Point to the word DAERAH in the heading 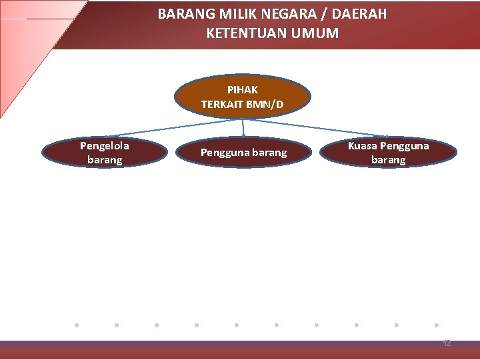[359, 14]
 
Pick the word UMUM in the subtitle [315, 33]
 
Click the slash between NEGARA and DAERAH [324, 14]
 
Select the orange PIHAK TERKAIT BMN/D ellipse [243, 97]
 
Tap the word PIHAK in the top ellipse [243, 90]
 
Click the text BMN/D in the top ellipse [265, 105]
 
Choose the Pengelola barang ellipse [105, 152]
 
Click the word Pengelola [105, 146]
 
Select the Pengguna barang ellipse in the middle [244, 152]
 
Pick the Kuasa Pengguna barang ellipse [388, 152]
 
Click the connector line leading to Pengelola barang [173, 128]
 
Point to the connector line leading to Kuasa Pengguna [315, 128]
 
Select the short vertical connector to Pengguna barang [243, 128]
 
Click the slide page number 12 [447, 343]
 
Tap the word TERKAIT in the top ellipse [222, 105]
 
